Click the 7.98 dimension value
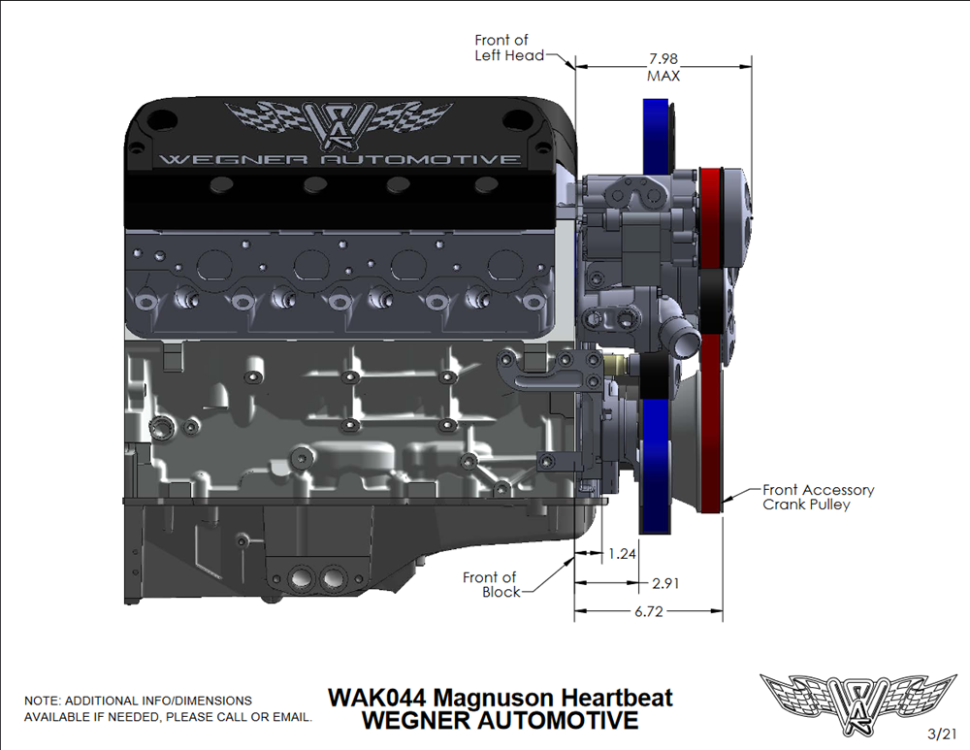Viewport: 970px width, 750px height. click(663, 59)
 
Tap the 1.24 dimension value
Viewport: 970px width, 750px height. click(622, 554)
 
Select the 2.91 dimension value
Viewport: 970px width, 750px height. click(665, 583)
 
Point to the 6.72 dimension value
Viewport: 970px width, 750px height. click(648, 611)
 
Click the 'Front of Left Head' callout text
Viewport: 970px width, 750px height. click(509, 48)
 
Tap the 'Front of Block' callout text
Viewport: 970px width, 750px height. click(493, 585)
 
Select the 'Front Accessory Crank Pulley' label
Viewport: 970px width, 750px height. click(818, 497)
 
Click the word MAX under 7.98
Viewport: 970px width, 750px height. click(663, 76)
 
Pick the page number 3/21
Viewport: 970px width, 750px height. click(942, 734)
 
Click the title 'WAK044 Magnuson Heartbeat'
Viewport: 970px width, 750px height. click(500, 698)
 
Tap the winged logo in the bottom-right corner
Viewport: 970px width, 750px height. click(858, 704)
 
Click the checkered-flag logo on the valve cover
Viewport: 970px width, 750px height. click(339, 124)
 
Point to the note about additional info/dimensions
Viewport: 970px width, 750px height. click(168, 708)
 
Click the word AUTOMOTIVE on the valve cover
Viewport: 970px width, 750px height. click(420, 160)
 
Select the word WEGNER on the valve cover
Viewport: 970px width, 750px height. click(233, 160)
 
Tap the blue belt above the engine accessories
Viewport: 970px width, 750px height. click(655, 136)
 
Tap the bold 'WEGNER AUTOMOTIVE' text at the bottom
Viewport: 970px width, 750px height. click(500, 720)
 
